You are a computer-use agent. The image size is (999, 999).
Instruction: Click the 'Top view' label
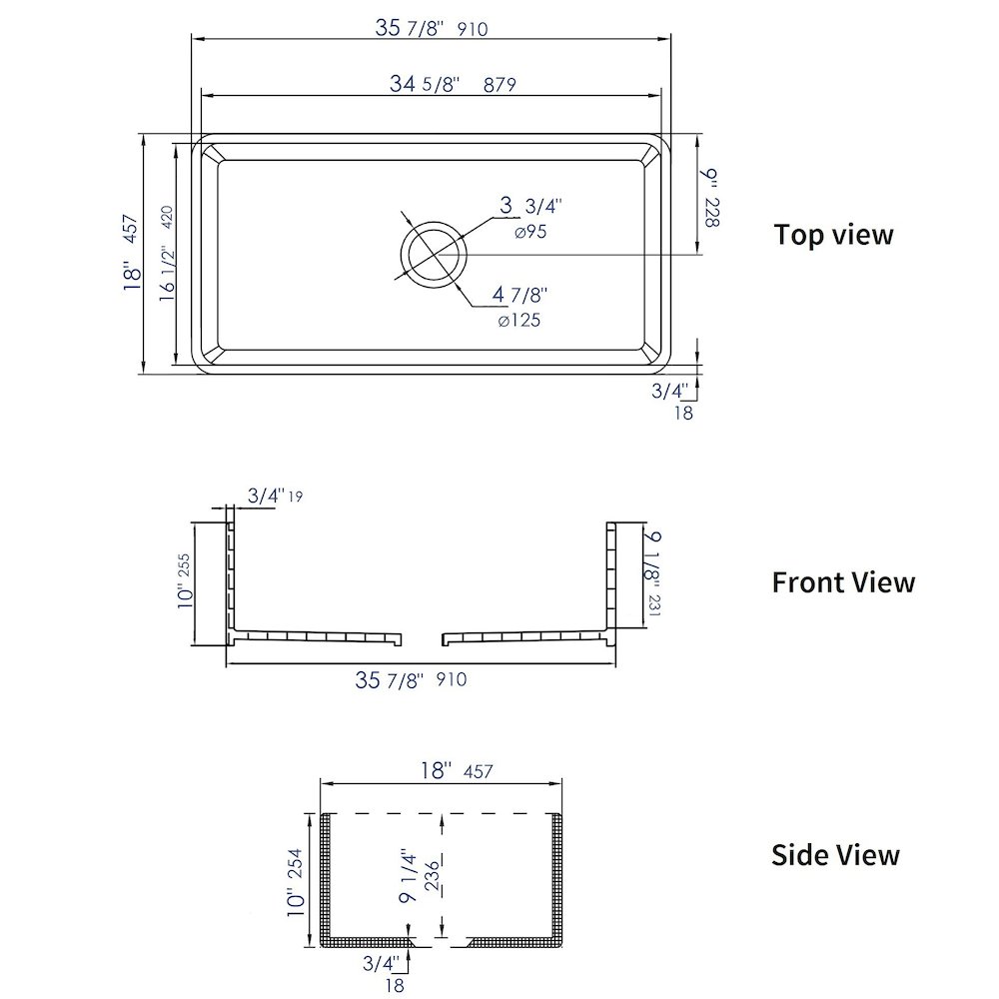click(x=833, y=235)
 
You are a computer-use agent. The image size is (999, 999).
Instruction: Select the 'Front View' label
click(x=843, y=582)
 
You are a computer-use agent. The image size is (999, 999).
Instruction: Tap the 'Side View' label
click(x=835, y=855)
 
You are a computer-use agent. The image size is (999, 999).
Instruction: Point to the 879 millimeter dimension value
click(x=499, y=85)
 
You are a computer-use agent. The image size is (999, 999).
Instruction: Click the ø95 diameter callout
click(x=530, y=232)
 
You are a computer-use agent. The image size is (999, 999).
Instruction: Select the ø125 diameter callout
click(x=519, y=321)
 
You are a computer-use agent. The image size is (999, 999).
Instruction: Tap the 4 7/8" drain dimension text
click(x=519, y=295)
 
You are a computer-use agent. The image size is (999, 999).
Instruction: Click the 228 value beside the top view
click(x=711, y=212)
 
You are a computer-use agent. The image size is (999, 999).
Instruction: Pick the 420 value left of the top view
click(x=167, y=217)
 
